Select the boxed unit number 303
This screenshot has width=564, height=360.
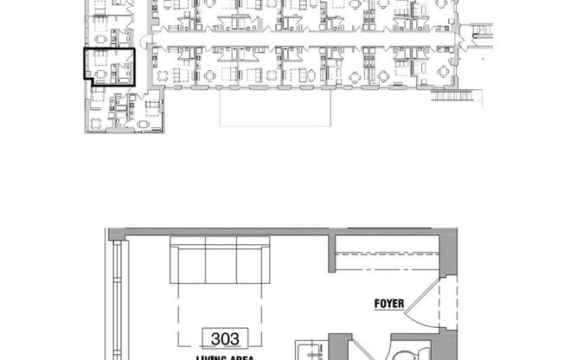tap(223, 337)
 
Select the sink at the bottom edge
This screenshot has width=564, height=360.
tap(308, 350)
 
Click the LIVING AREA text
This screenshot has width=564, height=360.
tap(222, 357)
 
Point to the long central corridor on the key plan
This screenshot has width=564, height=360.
tap(303, 42)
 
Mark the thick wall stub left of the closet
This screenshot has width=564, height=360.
tap(331, 252)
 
